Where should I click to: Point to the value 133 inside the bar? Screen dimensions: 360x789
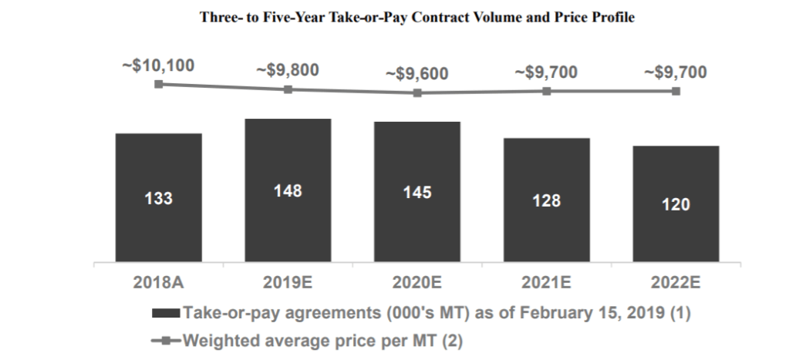point(158,199)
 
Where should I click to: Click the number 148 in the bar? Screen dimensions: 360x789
point(288,191)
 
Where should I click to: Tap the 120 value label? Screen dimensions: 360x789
point(676,205)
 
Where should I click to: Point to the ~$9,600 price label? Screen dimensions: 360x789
point(417,74)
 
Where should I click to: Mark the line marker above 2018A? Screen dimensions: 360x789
point(158,84)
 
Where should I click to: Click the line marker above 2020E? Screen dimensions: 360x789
point(417,93)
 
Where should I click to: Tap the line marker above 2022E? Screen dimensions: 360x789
point(676,91)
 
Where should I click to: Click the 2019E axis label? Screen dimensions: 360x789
point(288,283)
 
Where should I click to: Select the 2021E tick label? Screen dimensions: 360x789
point(546,283)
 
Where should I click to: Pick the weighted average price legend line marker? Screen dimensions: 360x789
point(167,340)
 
